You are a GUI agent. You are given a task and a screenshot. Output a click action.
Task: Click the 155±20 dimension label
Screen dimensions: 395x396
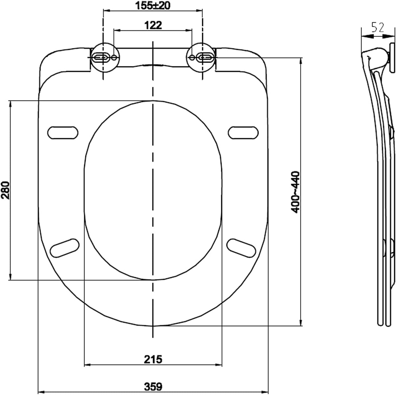click(153, 5)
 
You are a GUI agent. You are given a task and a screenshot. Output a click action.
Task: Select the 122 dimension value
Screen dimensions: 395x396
click(153, 25)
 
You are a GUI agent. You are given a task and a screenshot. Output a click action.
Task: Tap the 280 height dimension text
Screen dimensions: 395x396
click(6, 190)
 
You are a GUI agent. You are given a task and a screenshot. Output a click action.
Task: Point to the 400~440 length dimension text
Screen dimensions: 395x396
click(295, 192)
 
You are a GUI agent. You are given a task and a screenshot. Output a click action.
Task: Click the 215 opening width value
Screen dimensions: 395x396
click(153, 359)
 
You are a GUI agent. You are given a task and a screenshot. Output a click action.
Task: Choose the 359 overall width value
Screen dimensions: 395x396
click(153, 386)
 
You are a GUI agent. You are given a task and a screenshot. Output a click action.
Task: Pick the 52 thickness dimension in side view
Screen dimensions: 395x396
click(378, 28)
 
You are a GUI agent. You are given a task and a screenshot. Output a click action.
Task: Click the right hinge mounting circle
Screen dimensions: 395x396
click(201, 58)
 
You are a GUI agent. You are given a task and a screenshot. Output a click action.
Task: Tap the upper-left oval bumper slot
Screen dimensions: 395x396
click(63, 133)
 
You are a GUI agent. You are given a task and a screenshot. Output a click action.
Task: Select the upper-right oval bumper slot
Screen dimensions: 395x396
click(243, 133)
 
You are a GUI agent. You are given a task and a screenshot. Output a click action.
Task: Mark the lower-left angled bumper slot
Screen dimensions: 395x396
click(65, 248)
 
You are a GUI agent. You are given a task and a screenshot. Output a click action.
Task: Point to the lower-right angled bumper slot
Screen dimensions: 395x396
click(241, 247)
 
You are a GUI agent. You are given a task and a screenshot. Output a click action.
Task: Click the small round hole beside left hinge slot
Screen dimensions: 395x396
click(114, 58)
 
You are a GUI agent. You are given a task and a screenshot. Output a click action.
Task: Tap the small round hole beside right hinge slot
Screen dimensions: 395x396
click(192, 58)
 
